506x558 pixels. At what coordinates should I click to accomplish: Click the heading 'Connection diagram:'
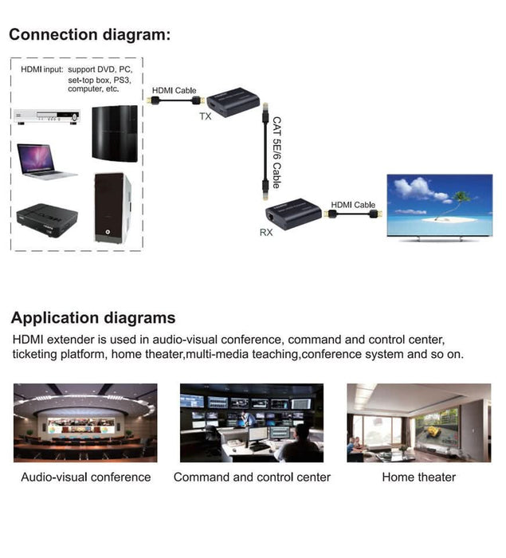pos(89,35)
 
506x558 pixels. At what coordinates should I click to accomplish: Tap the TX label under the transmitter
pos(205,116)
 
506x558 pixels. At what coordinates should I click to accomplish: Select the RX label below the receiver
pos(266,233)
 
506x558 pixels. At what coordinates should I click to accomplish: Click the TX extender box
pos(237,97)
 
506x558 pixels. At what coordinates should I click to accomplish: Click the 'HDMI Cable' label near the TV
pos(353,205)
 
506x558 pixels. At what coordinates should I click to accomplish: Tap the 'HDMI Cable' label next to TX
pos(175,90)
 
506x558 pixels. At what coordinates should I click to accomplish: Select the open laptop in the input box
pos(46,161)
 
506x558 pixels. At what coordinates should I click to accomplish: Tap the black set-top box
pos(47,215)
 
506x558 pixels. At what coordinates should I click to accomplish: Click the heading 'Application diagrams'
pos(93,318)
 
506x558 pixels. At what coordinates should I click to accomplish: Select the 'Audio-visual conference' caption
pos(85,477)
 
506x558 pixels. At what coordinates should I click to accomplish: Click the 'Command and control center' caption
pos(252,477)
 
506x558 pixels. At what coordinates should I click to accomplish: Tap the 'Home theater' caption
pos(418,477)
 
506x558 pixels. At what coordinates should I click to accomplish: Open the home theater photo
pos(418,423)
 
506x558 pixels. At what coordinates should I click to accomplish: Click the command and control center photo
pos(252,423)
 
